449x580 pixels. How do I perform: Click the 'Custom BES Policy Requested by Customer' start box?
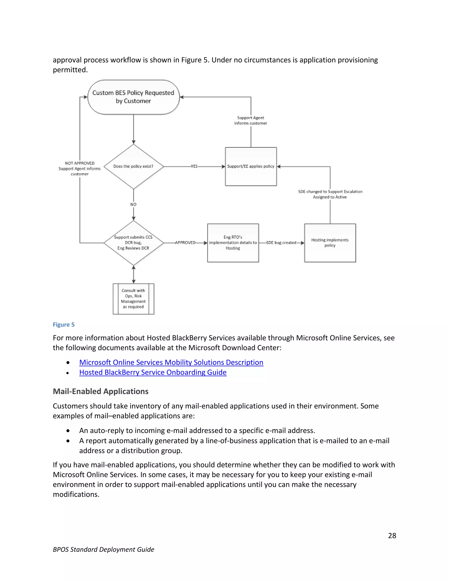pyautogui.click(x=133, y=97)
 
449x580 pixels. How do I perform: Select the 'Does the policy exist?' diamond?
pyautogui.click(x=133, y=167)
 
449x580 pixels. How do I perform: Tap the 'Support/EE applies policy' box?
pyautogui.click(x=251, y=167)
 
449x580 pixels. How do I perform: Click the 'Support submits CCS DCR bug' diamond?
pyautogui.click(x=133, y=243)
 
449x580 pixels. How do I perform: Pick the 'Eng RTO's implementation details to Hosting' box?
pyautogui.click(x=233, y=243)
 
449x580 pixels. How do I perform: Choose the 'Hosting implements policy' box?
pyautogui.click(x=330, y=243)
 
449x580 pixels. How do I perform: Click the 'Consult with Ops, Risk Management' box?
pyautogui.click(x=133, y=299)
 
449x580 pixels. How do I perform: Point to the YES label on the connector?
pyautogui.click(x=194, y=167)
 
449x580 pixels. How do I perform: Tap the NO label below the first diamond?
pyautogui.click(x=133, y=204)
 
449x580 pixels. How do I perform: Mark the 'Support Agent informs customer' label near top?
pyautogui.click(x=251, y=120)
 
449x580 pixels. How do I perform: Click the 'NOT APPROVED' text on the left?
pyautogui.click(x=80, y=163)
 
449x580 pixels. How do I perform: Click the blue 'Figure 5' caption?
pyautogui.click(x=64, y=325)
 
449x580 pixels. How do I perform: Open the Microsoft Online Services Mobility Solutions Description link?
pyautogui.click(x=171, y=362)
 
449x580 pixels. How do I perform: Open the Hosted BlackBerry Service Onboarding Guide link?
pyautogui.click(x=153, y=372)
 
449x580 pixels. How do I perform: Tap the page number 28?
pyautogui.click(x=392, y=535)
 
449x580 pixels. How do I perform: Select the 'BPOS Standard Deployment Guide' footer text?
pyautogui.click(x=103, y=549)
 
